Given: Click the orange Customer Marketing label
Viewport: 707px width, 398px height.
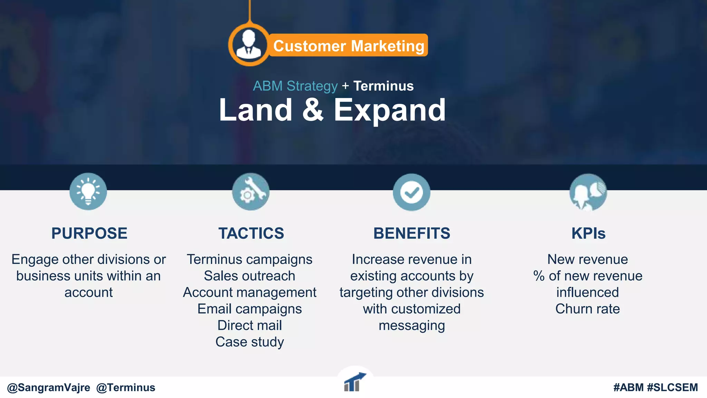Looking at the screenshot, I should [x=348, y=46].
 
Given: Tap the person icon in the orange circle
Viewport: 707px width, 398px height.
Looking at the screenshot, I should [x=249, y=45].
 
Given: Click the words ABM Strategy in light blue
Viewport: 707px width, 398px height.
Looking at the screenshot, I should [x=295, y=86].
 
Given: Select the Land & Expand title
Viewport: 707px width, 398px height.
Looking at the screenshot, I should [x=332, y=110].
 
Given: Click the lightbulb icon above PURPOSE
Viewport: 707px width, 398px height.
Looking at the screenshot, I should [x=88, y=191].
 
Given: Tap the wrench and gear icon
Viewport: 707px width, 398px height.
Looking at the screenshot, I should [x=251, y=192].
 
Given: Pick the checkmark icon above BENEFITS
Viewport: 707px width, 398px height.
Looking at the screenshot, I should [x=411, y=192].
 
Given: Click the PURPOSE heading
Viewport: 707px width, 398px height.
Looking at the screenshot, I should [x=89, y=234].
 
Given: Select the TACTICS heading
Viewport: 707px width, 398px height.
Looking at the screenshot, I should [x=251, y=234].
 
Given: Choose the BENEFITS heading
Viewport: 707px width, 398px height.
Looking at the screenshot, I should [x=412, y=234].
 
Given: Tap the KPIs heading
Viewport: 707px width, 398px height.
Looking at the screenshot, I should [x=588, y=234].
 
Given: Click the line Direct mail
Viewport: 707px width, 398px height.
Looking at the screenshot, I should [x=250, y=325].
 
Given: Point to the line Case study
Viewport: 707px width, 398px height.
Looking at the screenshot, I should [x=250, y=342].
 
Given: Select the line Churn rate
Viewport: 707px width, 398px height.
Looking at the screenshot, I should [x=588, y=309].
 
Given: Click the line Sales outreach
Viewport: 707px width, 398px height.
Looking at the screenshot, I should [x=250, y=276].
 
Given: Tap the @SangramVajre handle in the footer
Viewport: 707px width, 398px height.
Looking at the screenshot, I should [x=49, y=388].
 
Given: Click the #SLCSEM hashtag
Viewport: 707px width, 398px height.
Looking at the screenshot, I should [x=672, y=388].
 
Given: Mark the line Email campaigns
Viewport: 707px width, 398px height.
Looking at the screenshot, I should [x=250, y=309].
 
